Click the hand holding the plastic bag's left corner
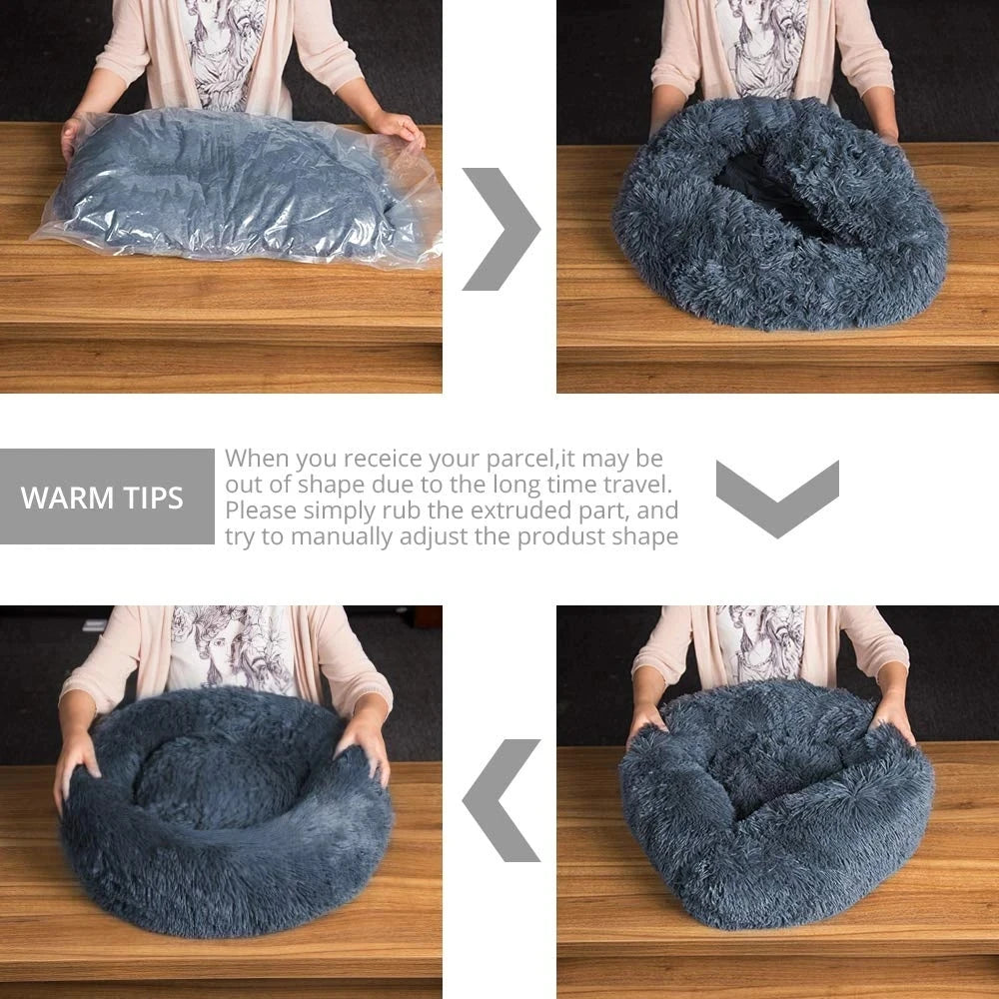tap(71, 134)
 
